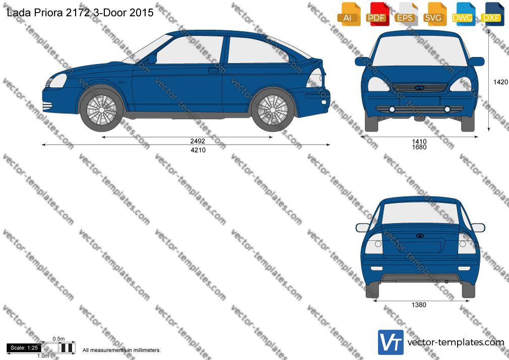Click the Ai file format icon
[x=349, y=14]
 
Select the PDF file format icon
[x=377, y=14]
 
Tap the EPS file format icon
[x=406, y=14]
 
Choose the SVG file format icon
[x=434, y=14]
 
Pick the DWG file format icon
[x=464, y=14]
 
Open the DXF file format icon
[x=492, y=14]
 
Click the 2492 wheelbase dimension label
[x=198, y=141]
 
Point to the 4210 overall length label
[x=198, y=150]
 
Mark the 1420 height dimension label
[x=500, y=82]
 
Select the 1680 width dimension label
[x=419, y=147]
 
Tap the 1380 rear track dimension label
[x=419, y=305]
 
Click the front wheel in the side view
[x=102, y=110]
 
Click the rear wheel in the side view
[x=273, y=110]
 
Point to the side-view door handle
[x=213, y=70]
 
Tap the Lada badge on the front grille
[x=420, y=87]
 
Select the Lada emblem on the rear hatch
[x=420, y=235]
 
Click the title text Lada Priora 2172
[x=48, y=13]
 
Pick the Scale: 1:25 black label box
[x=24, y=348]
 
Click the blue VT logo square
[x=391, y=342]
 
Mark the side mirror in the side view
[x=152, y=59]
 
